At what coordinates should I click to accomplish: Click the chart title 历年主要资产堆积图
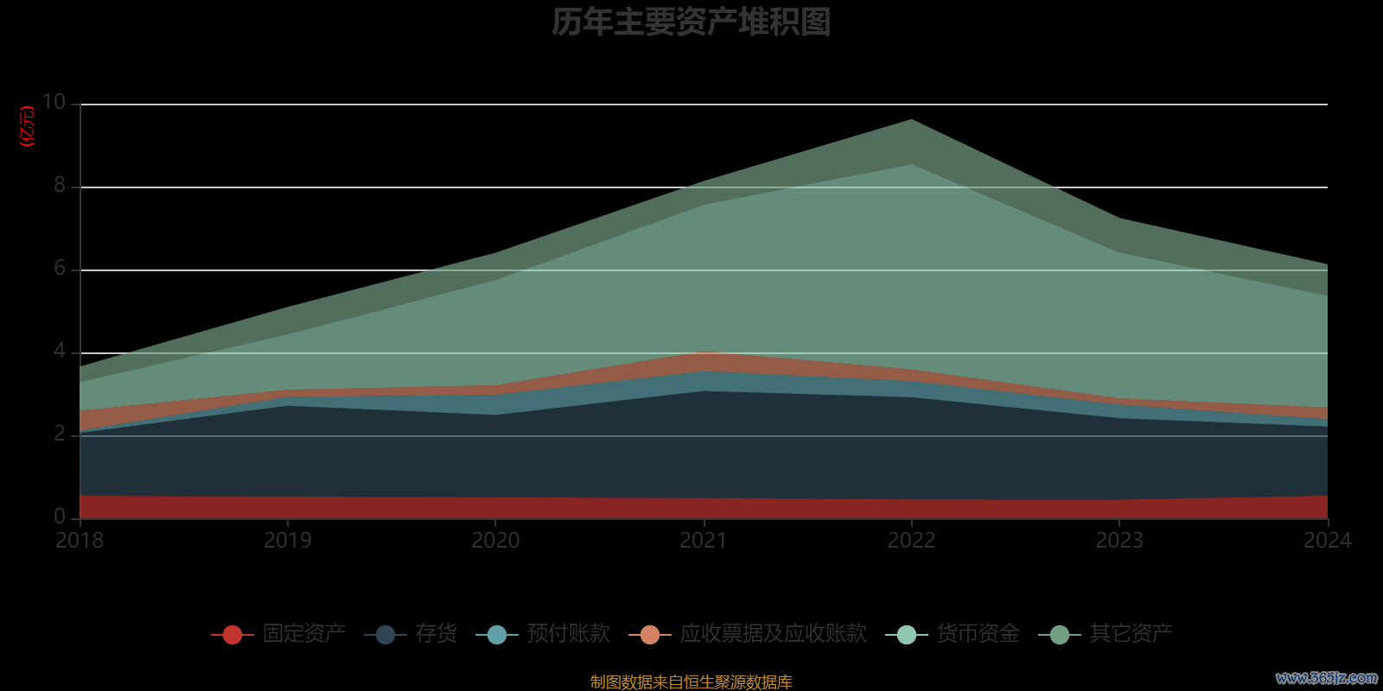pos(691,22)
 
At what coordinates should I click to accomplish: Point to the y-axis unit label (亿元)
pos(28,126)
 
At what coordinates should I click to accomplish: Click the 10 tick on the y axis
pos(54,102)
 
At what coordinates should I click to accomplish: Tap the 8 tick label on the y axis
pos(60,185)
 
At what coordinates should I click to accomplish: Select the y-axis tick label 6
pos(60,268)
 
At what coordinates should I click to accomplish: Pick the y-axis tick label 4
pos(60,351)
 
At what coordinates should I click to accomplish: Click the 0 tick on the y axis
pos(60,517)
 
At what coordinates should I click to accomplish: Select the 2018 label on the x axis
pos(80,541)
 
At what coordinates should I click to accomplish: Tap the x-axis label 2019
pos(287,541)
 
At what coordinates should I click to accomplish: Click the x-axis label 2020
pos(495,541)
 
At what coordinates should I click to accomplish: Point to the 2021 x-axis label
pos(703,541)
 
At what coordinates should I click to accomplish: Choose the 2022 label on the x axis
pos(911,541)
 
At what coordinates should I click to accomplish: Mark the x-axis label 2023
pos(1119,541)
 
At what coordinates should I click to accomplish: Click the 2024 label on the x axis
pos(1327,541)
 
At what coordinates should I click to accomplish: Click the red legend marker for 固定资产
pos(232,635)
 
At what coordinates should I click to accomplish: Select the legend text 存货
pos(436,634)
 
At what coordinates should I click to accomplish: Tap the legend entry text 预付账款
pos(568,634)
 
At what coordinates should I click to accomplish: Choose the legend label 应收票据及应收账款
pos(773,634)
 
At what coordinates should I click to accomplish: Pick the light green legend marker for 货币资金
pos(906,635)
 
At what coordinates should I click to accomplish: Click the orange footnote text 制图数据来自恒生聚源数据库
pos(691,682)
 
